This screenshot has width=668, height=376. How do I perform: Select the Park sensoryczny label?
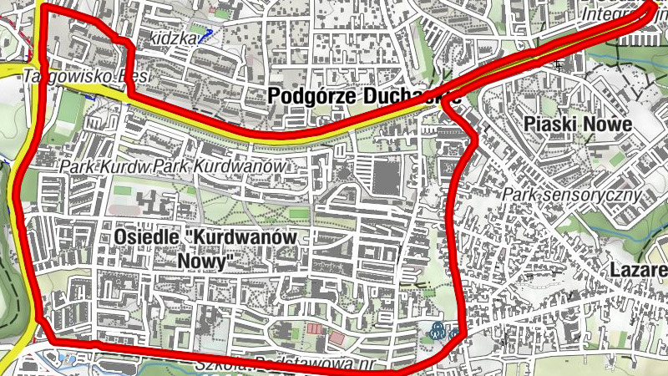572,195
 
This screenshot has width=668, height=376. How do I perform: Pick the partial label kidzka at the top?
174,38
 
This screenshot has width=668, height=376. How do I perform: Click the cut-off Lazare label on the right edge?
639,270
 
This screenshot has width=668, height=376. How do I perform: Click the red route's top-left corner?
43,8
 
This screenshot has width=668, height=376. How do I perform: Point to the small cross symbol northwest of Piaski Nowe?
557,64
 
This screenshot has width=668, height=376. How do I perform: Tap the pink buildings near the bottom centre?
326,334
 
